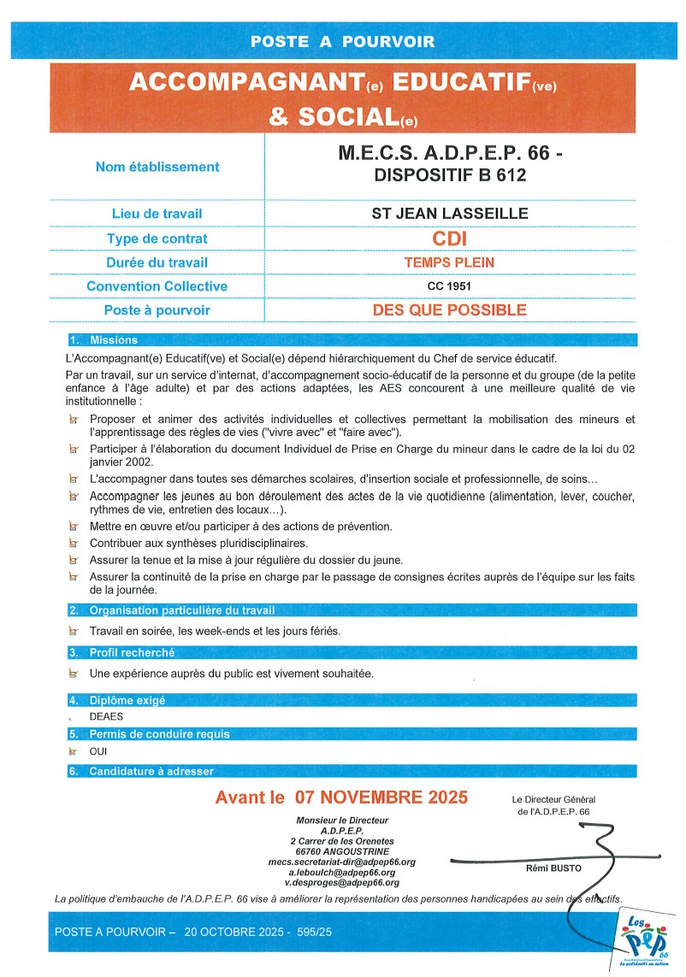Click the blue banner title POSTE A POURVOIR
pyautogui.click(x=342, y=41)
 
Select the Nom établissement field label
pyautogui.click(x=157, y=167)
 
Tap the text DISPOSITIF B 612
pyautogui.click(x=450, y=176)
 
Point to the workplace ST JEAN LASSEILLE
pyautogui.click(x=450, y=214)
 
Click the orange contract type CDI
pyautogui.click(x=450, y=238)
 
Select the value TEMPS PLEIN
pyautogui.click(x=450, y=262)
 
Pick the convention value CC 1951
pyautogui.click(x=450, y=286)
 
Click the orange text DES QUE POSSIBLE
pyautogui.click(x=450, y=310)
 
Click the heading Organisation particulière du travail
pyautogui.click(x=181, y=610)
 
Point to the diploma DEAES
pyautogui.click(x=107, y=717)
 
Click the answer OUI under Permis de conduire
pyautogui.click(x=98, y=751)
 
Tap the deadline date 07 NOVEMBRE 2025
pyautogui.click(x=381, y=797)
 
